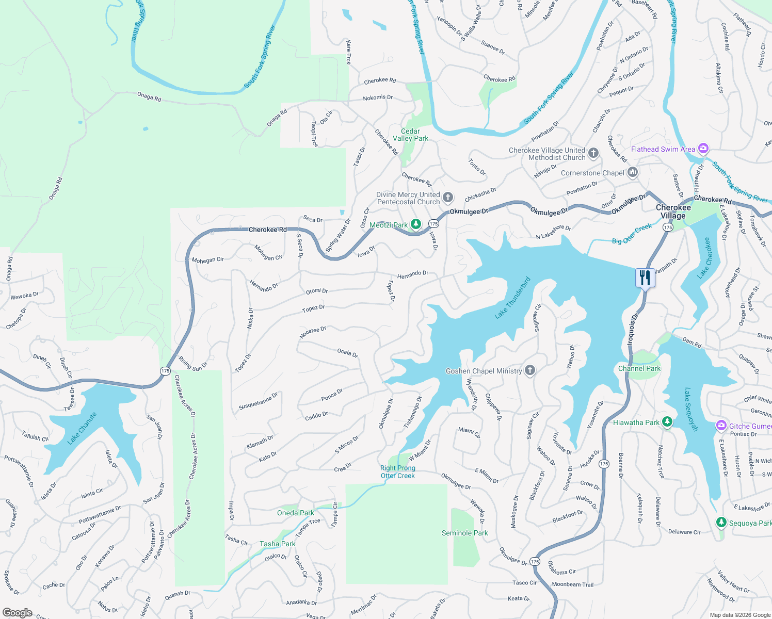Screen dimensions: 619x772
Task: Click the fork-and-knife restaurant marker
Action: pos(645,278)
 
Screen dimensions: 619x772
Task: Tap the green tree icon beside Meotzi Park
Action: pos(416,224)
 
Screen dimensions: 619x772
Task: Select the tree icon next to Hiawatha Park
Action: pos(667,422)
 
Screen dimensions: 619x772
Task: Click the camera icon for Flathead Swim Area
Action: pos(703,149)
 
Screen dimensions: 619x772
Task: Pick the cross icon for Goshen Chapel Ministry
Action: pos(529,370)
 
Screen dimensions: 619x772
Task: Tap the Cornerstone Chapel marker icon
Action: pos(633,172)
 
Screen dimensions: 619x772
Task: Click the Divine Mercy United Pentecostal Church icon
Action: pos(448,197)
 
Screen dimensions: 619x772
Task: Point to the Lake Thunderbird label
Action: pos(512,298)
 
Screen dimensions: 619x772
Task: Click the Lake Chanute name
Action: pos(82,428)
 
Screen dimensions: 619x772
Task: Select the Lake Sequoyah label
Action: pos(691,409)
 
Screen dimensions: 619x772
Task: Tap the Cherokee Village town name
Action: pos(673,211)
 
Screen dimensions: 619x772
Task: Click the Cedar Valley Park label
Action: pos(410,135)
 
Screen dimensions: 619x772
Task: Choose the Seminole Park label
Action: pos(464,533)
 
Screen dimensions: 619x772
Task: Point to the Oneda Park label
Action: pos(295,513)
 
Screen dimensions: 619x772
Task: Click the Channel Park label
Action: pos(639,368)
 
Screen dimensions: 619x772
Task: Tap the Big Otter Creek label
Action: pos(632,234)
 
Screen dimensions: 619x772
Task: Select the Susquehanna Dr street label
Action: pos(258,401)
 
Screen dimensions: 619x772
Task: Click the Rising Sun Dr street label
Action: pos(192,363)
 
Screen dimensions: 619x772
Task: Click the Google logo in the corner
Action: pos(17,613)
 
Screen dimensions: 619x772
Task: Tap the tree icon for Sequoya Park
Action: pos(721,523)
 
